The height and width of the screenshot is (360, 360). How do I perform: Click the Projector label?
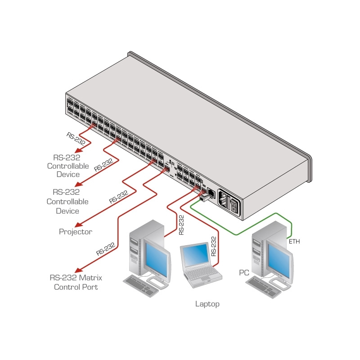click(76, 232)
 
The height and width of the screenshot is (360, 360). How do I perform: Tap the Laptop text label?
click(207, 304)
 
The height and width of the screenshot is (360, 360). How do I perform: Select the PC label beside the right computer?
click(244, 273)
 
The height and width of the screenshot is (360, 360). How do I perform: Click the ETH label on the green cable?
click(294, 242)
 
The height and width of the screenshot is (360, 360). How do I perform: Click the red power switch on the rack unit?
click(233, 205)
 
